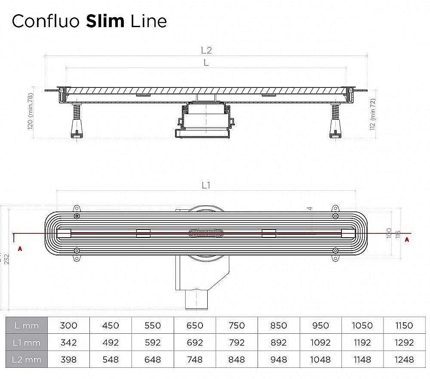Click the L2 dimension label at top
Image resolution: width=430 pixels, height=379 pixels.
[206, 50]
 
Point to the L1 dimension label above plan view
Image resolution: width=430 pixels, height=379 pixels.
[206, 185]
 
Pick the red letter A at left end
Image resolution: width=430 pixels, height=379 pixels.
[19, 249]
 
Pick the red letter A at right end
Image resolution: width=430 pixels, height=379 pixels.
[407, 240]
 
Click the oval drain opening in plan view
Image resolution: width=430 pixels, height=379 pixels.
[206, 233]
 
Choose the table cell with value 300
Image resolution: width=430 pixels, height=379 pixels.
[69, 326]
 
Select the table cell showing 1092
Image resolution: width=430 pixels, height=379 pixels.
[320, 343]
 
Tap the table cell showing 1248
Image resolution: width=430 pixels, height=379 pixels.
[404, 359]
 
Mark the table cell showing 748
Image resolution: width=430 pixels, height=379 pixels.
[195, 359]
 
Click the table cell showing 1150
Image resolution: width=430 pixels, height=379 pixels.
[404, 326]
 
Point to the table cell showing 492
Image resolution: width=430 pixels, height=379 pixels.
[111, 343]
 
